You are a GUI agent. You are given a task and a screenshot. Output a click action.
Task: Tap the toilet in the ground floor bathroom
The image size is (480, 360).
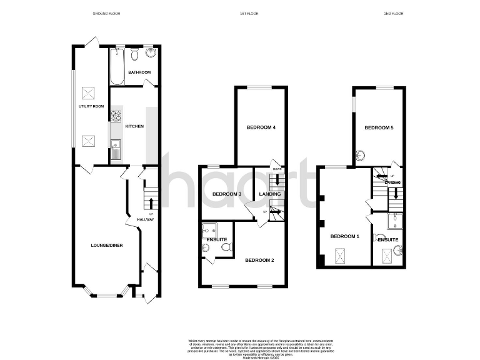click(x=134, y=56)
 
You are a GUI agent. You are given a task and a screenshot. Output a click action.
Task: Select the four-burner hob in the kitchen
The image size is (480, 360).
click(x=116, y=116)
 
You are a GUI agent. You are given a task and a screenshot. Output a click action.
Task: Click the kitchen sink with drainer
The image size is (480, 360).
click(x=115, y=150)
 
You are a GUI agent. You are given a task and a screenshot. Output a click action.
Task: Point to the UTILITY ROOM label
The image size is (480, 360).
click(x=91, y=107)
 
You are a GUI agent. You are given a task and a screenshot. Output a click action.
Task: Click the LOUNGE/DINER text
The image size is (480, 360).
click(x=106, y=245)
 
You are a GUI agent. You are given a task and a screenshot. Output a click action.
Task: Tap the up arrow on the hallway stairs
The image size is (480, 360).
click(x=150, y=201)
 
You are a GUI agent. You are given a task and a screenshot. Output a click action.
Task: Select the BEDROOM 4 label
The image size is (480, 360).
click(x=261, y=127)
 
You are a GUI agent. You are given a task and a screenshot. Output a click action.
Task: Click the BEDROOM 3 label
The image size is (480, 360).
click(x=227, y=194)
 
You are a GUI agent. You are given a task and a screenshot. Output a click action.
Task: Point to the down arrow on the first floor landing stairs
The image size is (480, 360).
click(x=276, y=181)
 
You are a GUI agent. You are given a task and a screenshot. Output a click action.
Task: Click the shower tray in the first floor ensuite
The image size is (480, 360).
click(x=209, y=229)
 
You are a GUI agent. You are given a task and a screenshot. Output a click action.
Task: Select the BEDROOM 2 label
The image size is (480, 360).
click(x=259, y=260)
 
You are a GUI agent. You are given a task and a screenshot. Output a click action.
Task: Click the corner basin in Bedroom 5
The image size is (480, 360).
click(x=361, y=156)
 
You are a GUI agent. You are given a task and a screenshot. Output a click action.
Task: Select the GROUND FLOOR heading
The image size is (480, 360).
click(x=106, y=13)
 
